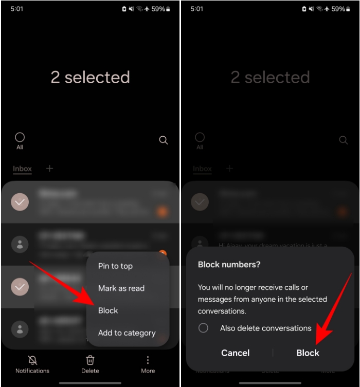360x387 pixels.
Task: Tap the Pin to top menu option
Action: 115,266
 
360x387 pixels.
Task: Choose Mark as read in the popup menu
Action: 121,288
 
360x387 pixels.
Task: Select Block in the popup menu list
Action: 108,310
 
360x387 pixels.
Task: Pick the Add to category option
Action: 127,333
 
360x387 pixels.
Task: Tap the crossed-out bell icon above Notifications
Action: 32,360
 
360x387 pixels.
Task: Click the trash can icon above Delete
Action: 90,360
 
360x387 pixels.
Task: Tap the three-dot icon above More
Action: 148,360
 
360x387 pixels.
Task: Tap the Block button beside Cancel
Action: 308,353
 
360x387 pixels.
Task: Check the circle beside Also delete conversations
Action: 204,328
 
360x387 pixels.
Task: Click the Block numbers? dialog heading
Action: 229,264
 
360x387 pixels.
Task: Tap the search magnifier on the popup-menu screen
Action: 164,140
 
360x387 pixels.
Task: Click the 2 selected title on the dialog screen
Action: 270,77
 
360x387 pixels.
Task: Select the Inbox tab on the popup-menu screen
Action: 22,169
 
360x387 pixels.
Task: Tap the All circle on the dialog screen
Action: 200,137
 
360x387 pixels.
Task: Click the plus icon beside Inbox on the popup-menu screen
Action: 49,168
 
